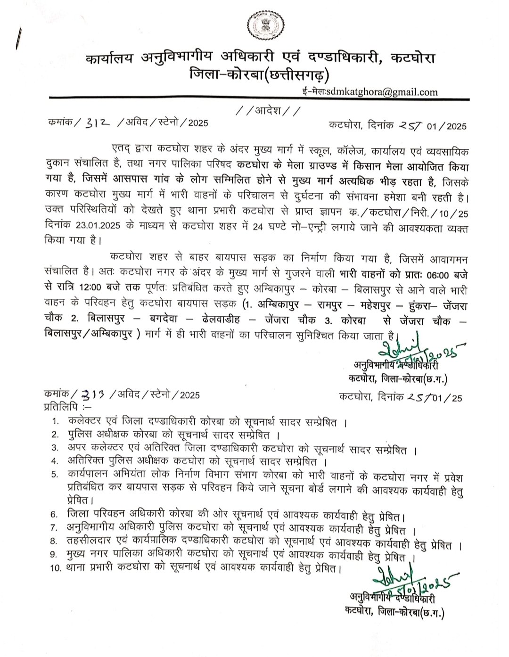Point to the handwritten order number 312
point(99,124)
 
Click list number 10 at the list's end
point(55,568)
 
